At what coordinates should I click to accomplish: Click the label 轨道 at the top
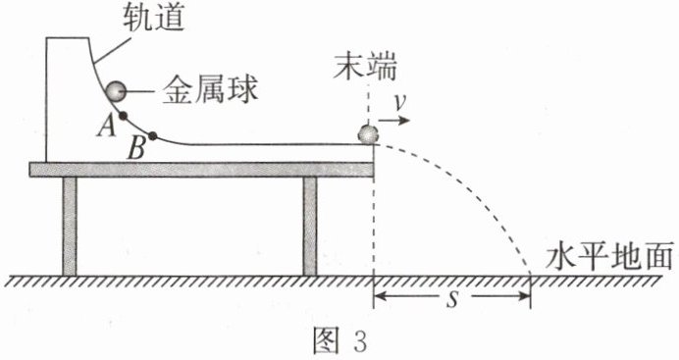point(154,18)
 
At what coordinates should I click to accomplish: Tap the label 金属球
point(210,90)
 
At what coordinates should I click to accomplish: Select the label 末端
point(365,67)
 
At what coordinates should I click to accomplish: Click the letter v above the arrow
point(400,103)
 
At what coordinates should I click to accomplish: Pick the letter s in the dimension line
point(452,298)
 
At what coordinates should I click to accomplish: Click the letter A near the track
point(107,127)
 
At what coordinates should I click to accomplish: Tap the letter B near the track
point(136,150)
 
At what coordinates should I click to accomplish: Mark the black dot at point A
point(123,116)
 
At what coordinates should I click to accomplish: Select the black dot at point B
point(152,136)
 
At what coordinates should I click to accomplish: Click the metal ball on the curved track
point(116,91)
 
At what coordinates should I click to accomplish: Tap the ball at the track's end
point(369,134)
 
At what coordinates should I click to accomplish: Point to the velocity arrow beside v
point(394,120)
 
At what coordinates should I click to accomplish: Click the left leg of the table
point(70,227)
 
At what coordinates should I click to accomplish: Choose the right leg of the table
point(310,227)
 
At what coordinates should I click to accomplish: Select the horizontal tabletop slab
point(201,170)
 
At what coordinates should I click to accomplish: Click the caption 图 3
point(339,341)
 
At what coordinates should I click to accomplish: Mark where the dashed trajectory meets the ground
point(530,276)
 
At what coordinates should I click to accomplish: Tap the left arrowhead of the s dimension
point(378,296)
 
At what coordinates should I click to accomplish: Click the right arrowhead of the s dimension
point(525,296)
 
